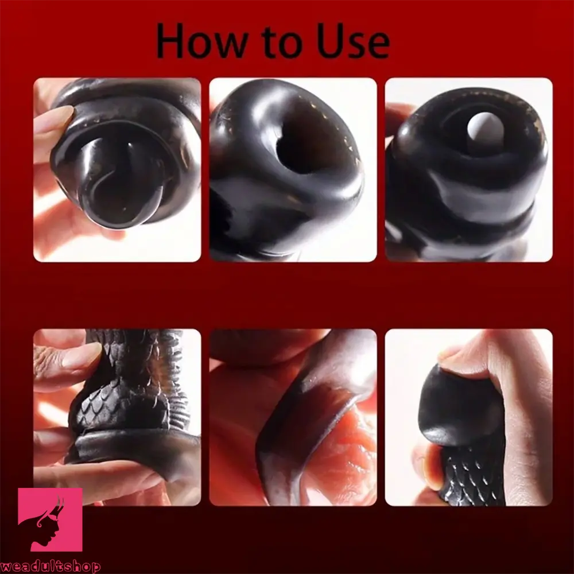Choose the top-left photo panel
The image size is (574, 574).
117,170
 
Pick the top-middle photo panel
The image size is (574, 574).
293,170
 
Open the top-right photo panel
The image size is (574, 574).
468,170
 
